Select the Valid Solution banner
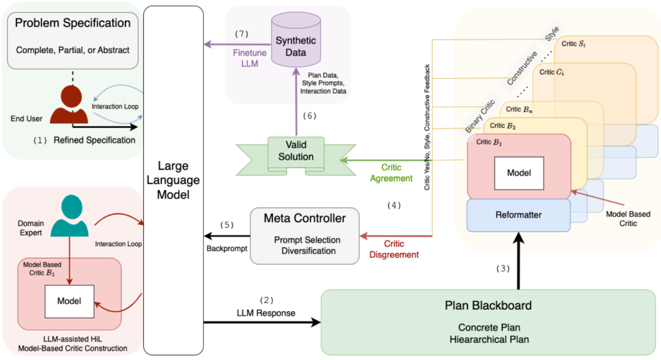[x=296, y=151]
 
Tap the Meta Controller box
[x=304, y=236]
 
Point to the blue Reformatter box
[x=518, y=215]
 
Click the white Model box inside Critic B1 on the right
[x=519, y=173]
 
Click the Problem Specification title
[x=73, y=23]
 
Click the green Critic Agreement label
[x=396, y=172]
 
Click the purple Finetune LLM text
[x=250, y=58]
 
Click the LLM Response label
[x=266, y=313]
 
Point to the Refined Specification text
[x=94, y=140]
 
